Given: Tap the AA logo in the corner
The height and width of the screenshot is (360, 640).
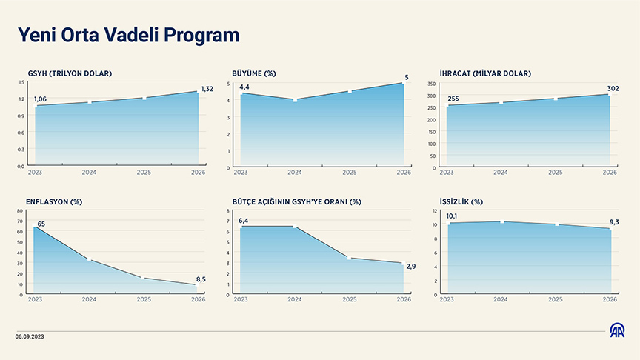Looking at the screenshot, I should click(616, 330).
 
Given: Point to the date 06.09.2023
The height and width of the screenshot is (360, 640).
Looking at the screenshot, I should click(31, 337).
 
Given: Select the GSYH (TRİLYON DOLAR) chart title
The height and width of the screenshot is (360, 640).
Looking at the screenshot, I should click(70, 73).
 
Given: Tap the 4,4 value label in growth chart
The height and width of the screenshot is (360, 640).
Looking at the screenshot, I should click(244, 87).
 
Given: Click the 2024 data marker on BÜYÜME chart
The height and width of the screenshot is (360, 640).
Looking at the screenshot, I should click(295, 100).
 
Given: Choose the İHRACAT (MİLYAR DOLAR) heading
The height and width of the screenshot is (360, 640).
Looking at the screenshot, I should click(485, 73).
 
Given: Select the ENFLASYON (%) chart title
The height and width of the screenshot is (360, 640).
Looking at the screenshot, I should click(54, 201).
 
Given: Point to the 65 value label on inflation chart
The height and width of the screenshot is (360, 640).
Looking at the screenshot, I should click(41, 223).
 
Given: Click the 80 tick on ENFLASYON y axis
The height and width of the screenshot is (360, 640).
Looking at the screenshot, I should click(21, 212).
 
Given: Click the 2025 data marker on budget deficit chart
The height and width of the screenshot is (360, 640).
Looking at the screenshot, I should click(350, 258).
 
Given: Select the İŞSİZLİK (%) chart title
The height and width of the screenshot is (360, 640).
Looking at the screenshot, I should click(461, 201).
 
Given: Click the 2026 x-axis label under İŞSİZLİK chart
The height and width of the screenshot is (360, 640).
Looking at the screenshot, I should click(610, 299).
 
